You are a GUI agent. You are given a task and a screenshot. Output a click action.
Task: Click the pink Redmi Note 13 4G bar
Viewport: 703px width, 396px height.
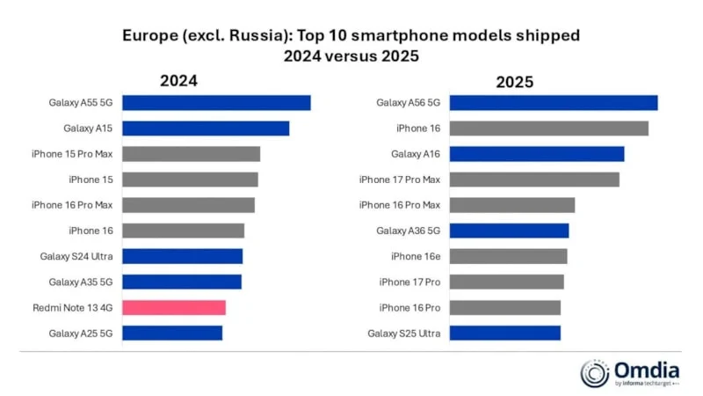click(174, 307)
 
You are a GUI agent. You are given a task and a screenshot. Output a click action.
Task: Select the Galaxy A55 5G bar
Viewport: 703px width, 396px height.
click(216, 103)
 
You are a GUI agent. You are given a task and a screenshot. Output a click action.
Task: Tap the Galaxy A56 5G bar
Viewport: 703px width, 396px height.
click(553, 103)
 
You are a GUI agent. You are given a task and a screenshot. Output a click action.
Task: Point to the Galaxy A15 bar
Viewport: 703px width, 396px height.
click(206, 128)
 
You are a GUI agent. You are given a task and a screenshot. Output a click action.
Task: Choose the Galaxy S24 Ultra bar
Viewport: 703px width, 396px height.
click(182, 256)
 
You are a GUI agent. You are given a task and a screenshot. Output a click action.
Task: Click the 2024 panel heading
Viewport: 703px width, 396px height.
click(178, 81)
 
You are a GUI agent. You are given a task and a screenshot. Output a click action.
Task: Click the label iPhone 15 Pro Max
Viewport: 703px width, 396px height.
click(73, 154)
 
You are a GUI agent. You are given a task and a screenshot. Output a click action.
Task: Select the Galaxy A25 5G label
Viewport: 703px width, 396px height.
click(82, 333)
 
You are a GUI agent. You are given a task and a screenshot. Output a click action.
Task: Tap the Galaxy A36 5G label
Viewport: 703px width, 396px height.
click(408, 231)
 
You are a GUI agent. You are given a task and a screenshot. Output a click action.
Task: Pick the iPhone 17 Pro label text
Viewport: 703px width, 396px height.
click(409, 282)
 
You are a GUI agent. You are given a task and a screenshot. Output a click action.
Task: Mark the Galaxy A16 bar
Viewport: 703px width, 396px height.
click(536, 154)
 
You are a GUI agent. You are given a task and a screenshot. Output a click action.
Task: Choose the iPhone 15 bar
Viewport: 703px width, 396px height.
click(190, 180)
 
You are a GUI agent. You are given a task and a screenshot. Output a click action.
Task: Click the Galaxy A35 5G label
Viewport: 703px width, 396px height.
click(82, 282)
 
